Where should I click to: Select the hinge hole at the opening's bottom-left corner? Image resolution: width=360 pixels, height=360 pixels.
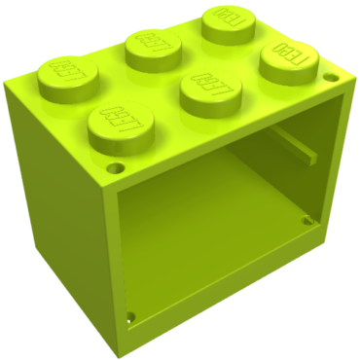pyautogui.click(x=131, y=316)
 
